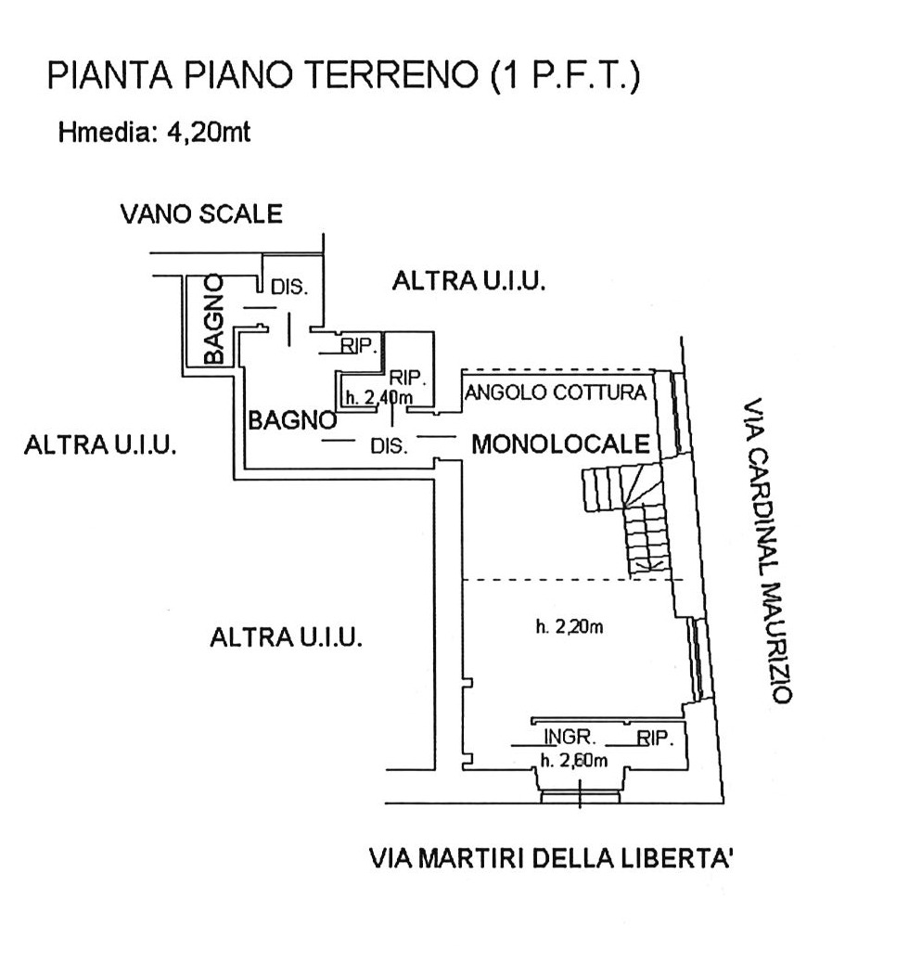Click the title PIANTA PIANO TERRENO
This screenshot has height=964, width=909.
pos(262,75)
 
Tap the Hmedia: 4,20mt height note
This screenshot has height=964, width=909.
pos(154,132)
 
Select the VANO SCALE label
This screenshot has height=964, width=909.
pos(201,214)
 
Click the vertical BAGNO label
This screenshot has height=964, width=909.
pos(214,319)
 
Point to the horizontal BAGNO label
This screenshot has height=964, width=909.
pos(292,420)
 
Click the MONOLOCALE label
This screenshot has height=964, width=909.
pos(560,443)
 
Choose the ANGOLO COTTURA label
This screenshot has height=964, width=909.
pos(556,392)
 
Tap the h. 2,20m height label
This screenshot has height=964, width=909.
pos(570,626)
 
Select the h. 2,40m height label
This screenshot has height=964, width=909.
pos(378,398)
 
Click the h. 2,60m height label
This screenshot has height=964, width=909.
pos(574,761)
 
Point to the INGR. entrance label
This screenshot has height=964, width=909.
pos(570,737)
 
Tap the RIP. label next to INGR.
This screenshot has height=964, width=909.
pos(655,738)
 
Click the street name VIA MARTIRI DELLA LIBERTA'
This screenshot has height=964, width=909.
pos(551,857)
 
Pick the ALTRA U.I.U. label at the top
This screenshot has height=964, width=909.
pos(469,281)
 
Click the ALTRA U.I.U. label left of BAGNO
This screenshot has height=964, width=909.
pos(100,444)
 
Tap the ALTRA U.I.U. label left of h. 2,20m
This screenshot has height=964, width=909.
pos(286,636)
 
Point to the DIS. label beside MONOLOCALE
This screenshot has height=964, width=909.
pos(389,445)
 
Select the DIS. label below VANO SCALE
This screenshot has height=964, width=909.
pos(289,287)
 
